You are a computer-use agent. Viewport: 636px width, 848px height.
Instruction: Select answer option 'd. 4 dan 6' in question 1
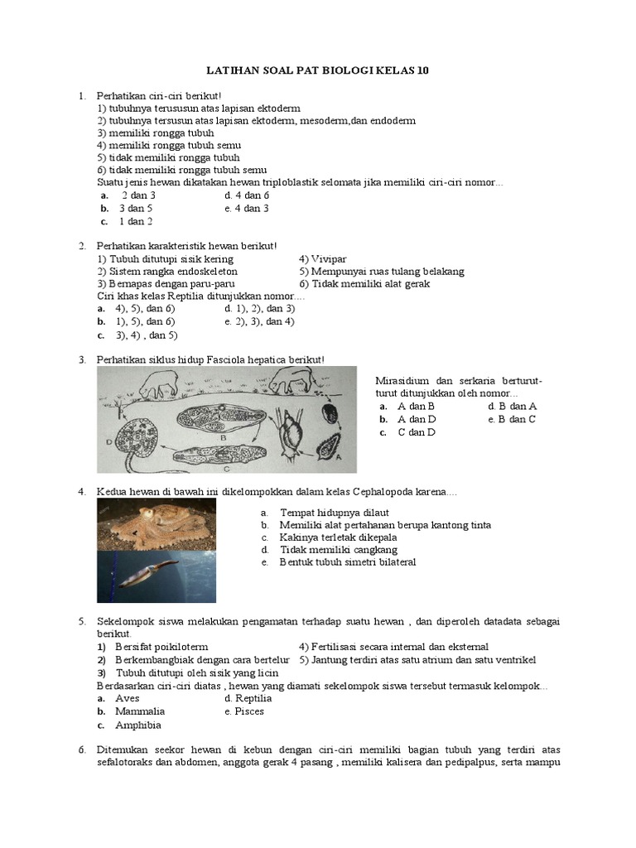click(247, 195)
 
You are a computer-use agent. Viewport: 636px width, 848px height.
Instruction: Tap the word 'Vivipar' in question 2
click(325, 258)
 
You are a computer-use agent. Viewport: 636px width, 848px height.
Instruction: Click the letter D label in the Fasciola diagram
click(109, 441)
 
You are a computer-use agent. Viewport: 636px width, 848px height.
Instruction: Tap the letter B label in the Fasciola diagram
click(224, 436)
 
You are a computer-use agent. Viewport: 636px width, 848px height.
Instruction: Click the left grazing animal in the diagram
click(157, 384)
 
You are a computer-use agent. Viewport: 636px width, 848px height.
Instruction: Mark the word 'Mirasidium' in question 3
click(402, 380)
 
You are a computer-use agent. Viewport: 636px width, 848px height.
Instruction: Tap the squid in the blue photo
click(149, 573)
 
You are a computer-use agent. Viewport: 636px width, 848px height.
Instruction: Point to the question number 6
click(82, 749)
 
